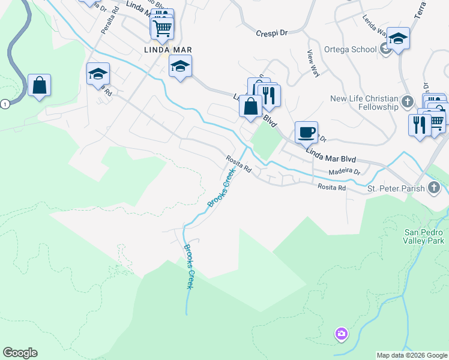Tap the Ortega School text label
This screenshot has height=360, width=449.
349,49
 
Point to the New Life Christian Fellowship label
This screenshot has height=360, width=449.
364,103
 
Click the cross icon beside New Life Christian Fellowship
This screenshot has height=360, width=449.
408,101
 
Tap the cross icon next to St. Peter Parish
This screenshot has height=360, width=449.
433,188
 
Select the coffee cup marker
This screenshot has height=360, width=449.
306,132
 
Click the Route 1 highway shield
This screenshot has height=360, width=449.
5,104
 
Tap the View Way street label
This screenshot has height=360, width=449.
312,62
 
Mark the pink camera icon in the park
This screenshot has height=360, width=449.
341,334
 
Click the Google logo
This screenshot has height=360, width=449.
20,353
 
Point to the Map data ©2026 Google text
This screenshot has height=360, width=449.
411,355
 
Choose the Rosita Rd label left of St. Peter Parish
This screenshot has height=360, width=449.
332,188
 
